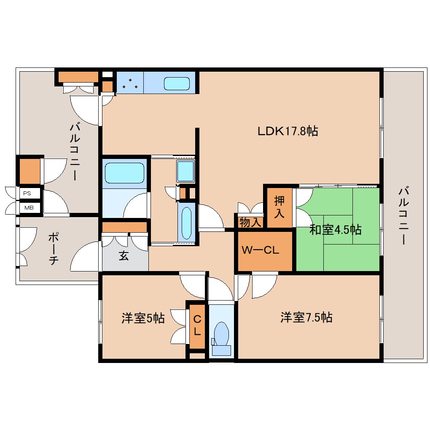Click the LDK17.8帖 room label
pyautogui.click(x=288, y=131)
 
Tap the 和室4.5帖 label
pyautogui.click(x=335, y=230)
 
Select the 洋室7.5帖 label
pyautogui.click(x=306, y=317)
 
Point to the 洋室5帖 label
pyautogui.click(x=143, y=318)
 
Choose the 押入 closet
pyautogui.click(x=279, y=207)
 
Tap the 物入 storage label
pyautogui.click(x=250, y=222)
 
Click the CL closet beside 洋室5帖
pyautogui.click(x=197, y=325)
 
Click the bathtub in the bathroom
pyautogui.click(x=124, y=173)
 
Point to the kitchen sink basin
pyautogui.click(x=176, y=83)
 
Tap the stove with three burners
pyautogui.click(x=129, y=83)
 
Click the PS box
pyautogui.click(x=27, y=193)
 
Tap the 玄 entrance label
pyautogui.click(x=124, y=256)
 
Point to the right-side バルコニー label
pyautogui.click(x=403, y=216)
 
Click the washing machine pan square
pyautogui.click(x=185, y=171)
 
